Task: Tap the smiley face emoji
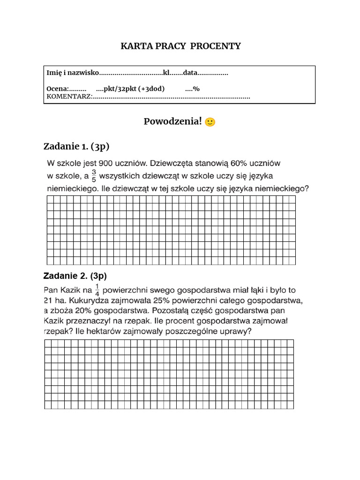pos(210,122)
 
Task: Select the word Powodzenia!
pos(173,122)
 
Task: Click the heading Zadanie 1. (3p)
pos(76,147)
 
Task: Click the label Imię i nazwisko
pos(73,73)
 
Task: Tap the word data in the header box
pos(190,73)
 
